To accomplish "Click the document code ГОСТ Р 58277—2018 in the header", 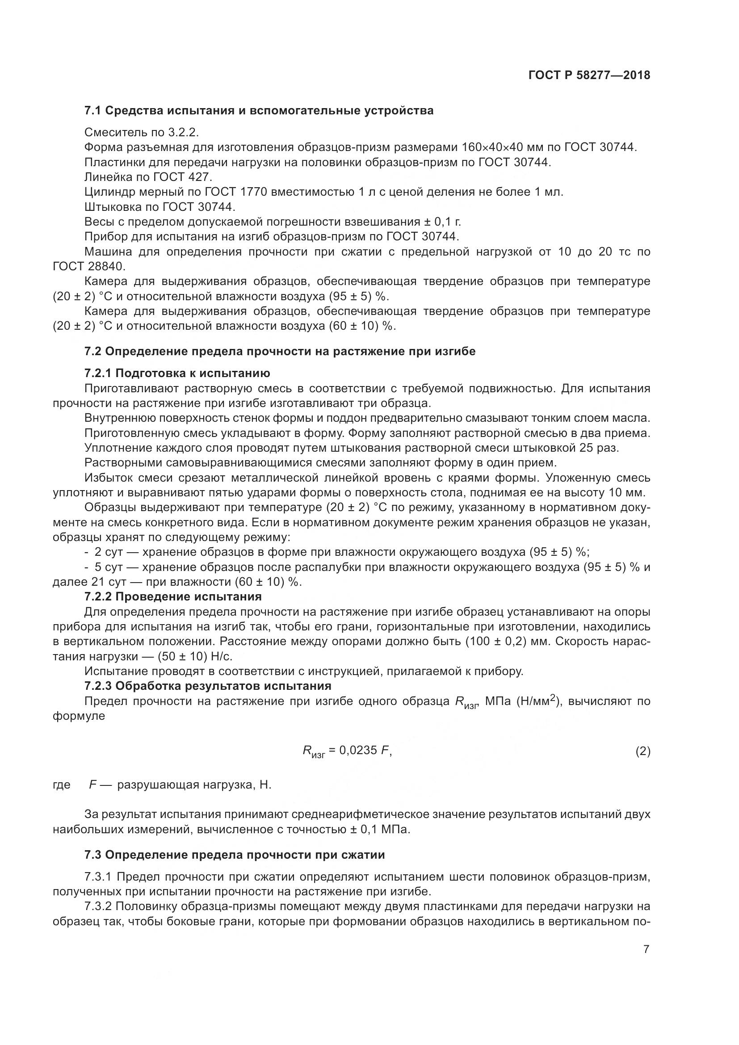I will [589, 76].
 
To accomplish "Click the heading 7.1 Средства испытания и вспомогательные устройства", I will [259, 111].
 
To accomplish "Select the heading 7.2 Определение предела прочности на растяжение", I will [280, 351].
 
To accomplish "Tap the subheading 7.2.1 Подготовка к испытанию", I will [177, 373].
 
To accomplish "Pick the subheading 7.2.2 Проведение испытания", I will [173, 596].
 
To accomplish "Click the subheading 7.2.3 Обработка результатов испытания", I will [207, 685].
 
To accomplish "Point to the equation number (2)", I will [642, 751].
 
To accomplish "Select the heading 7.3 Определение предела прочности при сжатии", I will [235, 855].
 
